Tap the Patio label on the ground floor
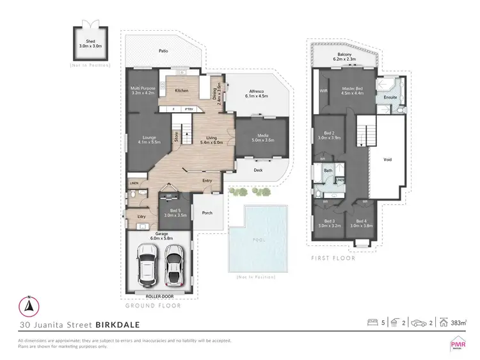(x=164, y=50)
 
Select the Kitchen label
(x=182, y=90)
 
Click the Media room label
(x=262, y=137)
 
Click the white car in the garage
(x=148, y=265)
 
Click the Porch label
(x=207, y=213)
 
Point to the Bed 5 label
(x=173, y=213)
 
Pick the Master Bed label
(x=353, y=90)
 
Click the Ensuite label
(x=390, y=97)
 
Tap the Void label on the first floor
(x=387, y=159)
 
